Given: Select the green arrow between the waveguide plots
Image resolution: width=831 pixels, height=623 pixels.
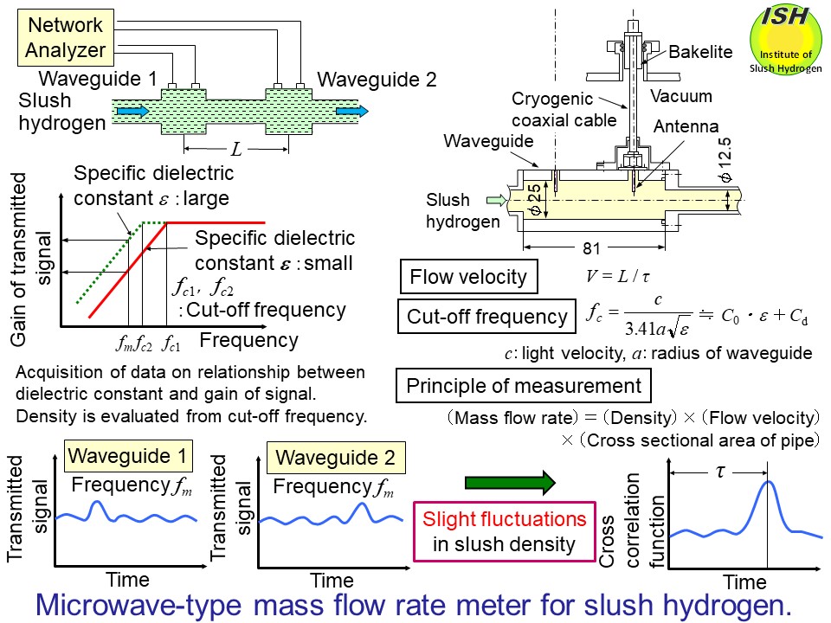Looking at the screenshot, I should pyautogui.click(x=510, y=483).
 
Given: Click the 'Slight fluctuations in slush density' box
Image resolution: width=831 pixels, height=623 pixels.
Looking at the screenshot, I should pyautogui.click(x=504, y=531).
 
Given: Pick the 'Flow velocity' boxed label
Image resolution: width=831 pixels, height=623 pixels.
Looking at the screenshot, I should pyautogui.click(x=468, y=278).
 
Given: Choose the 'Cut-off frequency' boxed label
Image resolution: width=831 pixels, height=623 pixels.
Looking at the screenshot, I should pyautogui.click(x=486, y=318).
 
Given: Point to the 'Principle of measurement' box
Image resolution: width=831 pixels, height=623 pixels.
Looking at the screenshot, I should pyautogui.click(x=524, y=386).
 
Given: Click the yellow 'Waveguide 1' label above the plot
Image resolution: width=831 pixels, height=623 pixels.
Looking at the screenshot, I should pyautogui.click(x=130, y=456).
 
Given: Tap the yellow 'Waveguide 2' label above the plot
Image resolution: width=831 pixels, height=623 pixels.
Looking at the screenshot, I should pyautogui.click(x=332, y=456).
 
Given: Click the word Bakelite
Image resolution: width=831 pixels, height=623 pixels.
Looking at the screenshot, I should pyautogui.click(x=699, y=53).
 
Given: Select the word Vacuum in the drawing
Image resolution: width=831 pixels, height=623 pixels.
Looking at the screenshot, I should pyautogui.click(x=680, y=96).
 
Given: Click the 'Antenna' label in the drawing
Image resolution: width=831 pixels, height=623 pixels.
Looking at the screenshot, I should pyautogui.click(x=680, y=126).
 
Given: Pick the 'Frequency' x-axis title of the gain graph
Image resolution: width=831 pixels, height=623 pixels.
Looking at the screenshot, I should pyautogui.click(x=248, y=339).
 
